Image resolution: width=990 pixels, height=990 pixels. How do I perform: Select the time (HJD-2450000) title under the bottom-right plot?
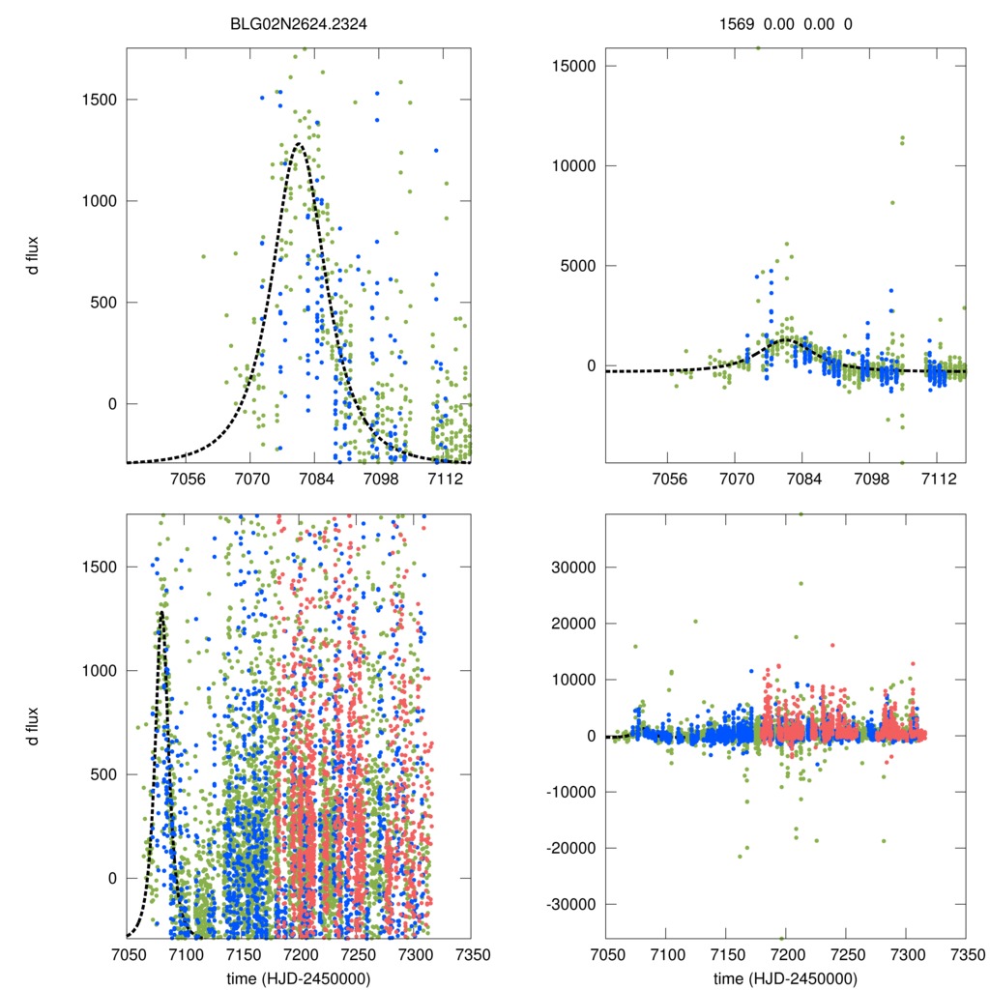[x=785, y=978]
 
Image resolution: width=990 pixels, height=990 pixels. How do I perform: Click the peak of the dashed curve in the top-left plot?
[x=299, y=144]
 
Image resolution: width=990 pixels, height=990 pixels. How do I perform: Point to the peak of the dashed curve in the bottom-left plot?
[x=160, y=612]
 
